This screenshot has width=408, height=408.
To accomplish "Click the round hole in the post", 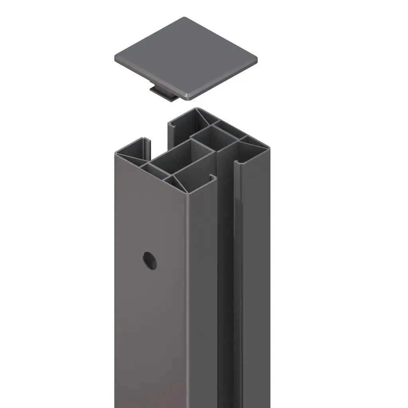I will click(150, 260).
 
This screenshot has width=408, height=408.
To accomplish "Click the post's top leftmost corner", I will click(116, 153).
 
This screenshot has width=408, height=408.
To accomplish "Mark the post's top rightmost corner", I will click(268, 149).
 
